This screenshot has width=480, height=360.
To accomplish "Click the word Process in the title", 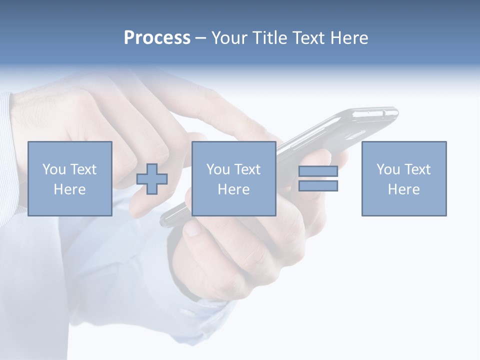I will [x=157, y=38].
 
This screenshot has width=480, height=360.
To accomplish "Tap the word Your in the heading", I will [x=230, y=38].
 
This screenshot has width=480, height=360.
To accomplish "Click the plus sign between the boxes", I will [x=152, y=179].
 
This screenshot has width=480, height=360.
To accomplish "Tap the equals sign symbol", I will [x=318, y=178].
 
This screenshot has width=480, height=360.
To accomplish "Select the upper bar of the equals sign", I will [x=318, y=171].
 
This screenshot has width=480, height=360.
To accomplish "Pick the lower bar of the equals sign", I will [x=318, y=185].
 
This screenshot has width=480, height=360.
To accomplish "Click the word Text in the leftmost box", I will [x=83, y=169].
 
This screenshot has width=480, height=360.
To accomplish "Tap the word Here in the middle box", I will [x=234, y=189].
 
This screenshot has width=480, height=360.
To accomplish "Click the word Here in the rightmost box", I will [x=404, y=189].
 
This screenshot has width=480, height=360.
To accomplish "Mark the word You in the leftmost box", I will [x=54, y=169].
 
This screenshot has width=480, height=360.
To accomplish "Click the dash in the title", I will [x=201, y=38].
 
